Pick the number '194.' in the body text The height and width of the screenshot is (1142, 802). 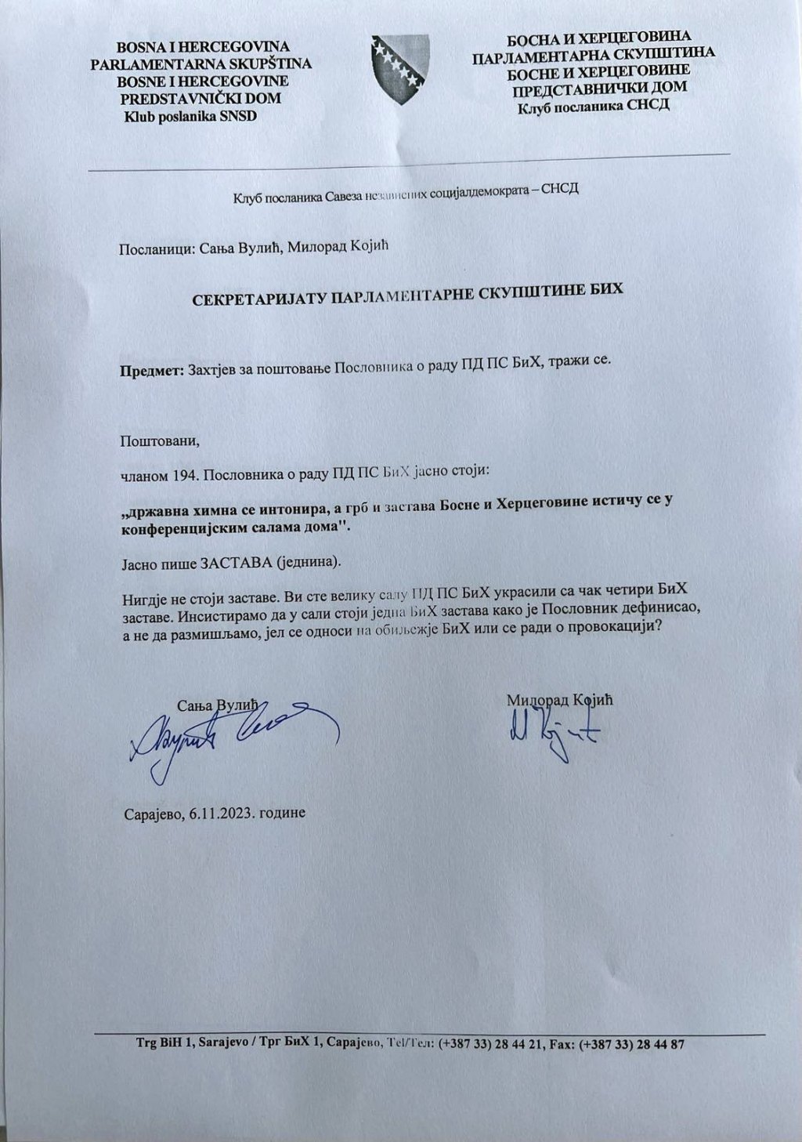tap(175, 473)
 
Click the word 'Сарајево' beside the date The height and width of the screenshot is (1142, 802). tap(152, 813)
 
